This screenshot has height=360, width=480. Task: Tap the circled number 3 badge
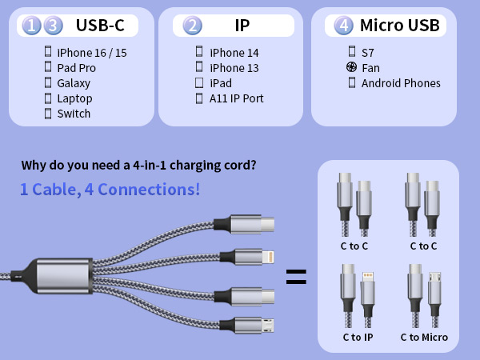pyautogui.click(x=52, y=26)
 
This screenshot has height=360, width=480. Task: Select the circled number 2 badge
pyautogui.click(x=192, y=26)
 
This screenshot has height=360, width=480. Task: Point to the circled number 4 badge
pyautogui.click(x=344, y=26)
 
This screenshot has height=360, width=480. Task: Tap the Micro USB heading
pyautogui.click(x=399, y=26)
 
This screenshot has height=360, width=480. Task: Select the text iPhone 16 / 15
pyautogui.click(x=91, y=53)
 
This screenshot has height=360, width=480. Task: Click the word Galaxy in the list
pyautogui.click(x=74, y=83)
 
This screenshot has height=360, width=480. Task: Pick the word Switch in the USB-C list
pyautogui.click(x=74, y=114)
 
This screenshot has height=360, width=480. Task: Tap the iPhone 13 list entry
pyautogui.click(x=234, y=68)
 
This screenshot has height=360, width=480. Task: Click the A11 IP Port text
pyautogui.click(x=236, y=98)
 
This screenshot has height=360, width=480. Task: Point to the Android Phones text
pyautogui.click(x=401, y=83)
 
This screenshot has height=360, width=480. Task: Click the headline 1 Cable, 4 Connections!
pyautogui.click(x=110, y=190)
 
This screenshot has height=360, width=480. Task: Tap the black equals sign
pyautogui.click(x=296, y=277)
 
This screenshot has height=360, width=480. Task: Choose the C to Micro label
pyautogui.click(x=424, y=337)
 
